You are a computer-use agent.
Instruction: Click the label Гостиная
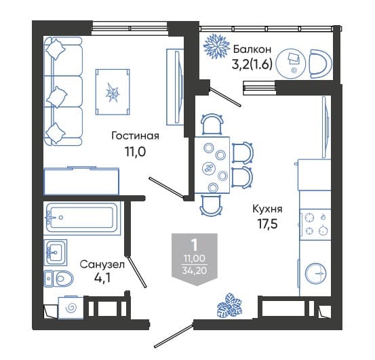click(136, 136)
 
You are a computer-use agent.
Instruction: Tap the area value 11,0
click(135, 152)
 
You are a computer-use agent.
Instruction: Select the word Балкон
click(252, 49)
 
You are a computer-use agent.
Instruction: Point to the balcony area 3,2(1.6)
click(252, 64)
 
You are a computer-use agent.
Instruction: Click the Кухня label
click(267, 209)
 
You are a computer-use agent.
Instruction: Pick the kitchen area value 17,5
click(267, 224)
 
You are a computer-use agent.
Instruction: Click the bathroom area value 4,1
click(102, 278)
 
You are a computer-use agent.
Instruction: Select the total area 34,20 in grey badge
click(195, 271)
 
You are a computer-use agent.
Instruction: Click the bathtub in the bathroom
click(82, 218)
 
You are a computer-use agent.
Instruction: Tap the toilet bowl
click(58, 279)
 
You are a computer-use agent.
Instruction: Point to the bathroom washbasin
click(56, 252)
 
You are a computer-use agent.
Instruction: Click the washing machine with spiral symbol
click(71, 307)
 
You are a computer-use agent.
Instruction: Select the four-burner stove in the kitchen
click(315, 224)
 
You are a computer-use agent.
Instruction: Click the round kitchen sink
click(316, 273)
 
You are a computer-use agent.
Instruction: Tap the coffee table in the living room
click(113, 92)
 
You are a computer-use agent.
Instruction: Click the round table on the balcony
click(291, 64)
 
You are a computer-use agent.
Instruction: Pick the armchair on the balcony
click(320, 64)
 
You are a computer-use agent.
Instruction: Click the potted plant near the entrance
click(229, 306)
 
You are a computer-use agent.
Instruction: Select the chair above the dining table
click(212, 124)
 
